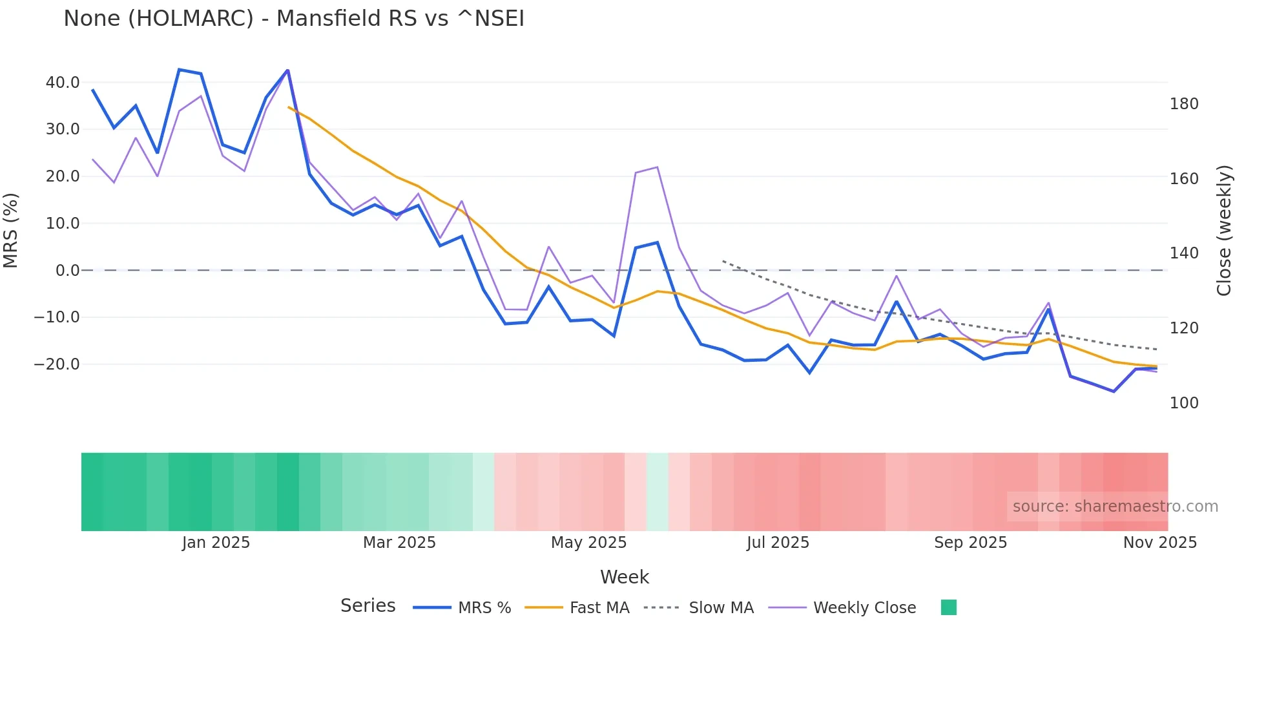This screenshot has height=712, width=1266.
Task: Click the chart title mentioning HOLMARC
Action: click(x=294, y=18)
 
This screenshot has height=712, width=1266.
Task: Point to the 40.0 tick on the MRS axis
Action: click(x=63, y=82)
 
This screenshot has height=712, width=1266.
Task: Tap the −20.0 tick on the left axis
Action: click(x=57, y=364)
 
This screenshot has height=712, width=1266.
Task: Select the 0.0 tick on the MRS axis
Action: click(x=67, y=270)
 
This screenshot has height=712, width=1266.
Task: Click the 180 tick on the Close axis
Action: click(x=1184, y=103)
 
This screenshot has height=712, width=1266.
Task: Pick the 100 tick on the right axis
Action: click(x=1184, y=403)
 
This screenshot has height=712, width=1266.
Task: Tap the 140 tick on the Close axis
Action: click(x=1184, y=253)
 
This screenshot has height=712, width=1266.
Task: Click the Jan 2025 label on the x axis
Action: click(x=216, y=542)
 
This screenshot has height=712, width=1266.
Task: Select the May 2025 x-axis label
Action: click(x=588, y=542)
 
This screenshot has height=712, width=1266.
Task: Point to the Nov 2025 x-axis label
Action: click(x=1159, y=542)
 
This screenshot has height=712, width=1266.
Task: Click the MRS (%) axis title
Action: click(x=11, y=230)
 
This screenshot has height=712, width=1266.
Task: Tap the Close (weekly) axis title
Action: click(x=1224, y=230)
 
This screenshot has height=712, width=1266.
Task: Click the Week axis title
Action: click(x=624, y=577)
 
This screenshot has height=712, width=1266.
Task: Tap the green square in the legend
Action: click(x=948, y=607)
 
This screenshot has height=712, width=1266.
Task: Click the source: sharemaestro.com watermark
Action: click(x=1115, y=507)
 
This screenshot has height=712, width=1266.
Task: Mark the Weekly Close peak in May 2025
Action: click(x=657, y=167)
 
